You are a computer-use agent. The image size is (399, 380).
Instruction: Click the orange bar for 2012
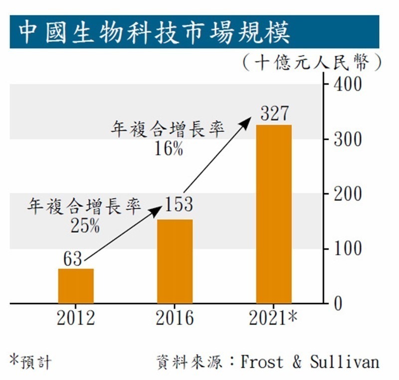coord(76,286)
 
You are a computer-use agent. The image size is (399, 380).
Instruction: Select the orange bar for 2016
coord(175,261)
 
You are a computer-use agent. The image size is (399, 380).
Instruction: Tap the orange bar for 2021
coord(274,214)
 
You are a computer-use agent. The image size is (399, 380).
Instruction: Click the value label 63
coord(73,259)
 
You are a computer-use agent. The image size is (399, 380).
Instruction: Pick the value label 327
coord(274,114)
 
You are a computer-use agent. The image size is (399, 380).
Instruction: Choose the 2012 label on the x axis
coord(76,318)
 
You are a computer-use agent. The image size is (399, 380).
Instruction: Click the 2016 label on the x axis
coord(175,318)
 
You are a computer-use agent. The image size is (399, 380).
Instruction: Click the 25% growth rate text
coord(85,226)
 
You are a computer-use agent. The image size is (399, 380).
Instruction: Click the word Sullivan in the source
coord(344,362)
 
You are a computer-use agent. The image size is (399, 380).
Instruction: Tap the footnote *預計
coord(31,362)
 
